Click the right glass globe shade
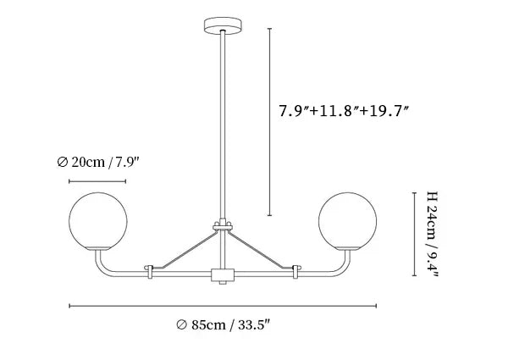coord(347,220)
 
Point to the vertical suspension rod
coord(223,127)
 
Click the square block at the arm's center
coord(223,274)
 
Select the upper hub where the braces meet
coord(223,227)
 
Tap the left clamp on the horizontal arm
coord(151,272)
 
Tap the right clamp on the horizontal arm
coord(295,272)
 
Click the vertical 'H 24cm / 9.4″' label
coord(433,234)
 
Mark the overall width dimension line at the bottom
coord(223,306)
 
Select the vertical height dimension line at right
coord(413,233)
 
